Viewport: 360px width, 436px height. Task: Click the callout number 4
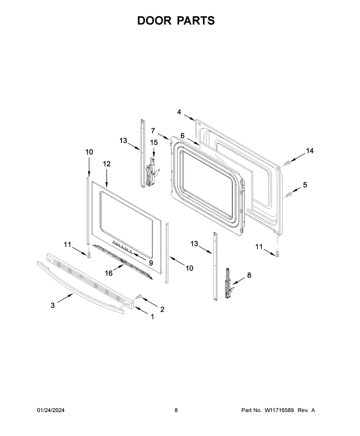click(x=179, y=112)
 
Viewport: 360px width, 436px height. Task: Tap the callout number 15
click(x=154, y=142)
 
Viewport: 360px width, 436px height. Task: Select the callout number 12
click(x=107, y=164)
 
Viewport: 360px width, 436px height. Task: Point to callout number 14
click(x=310, y=151)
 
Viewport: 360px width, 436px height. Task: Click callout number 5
click(x=305, y=185)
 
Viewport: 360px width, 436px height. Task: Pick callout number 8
click(x=249, y=275)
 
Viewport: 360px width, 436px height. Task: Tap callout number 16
click(x=108, y=273)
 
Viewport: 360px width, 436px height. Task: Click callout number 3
click(x=53, y=305)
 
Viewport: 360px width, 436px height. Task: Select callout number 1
click(x=152, y=317)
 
